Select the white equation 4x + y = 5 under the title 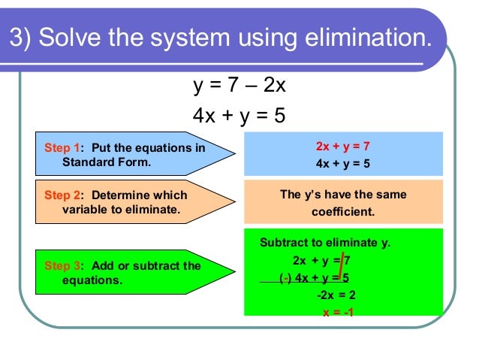[239, 116]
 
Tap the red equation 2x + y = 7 [343, 147]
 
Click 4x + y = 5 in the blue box [343, 163]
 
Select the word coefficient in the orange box [342, 211]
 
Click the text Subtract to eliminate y [325, 243]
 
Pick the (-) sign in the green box [285, 278]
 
